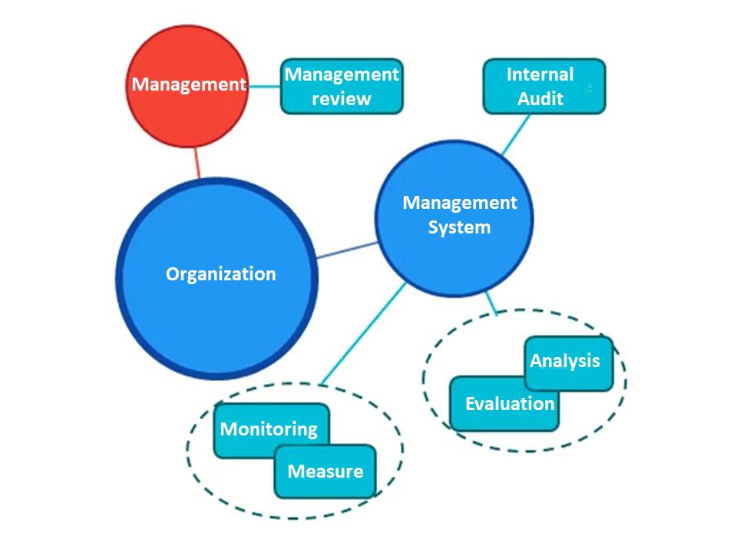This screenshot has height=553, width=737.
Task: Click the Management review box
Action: coord(342,87)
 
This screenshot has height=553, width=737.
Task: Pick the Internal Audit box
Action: coord(544,87)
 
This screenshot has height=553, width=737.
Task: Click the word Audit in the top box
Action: coord(540,98)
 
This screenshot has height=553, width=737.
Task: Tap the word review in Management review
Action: coord(342,98)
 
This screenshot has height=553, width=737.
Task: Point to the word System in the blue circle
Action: coord(459,227)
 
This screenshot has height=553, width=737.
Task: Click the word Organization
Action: coord(221,274)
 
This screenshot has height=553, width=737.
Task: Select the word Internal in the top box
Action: coord(540,75)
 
